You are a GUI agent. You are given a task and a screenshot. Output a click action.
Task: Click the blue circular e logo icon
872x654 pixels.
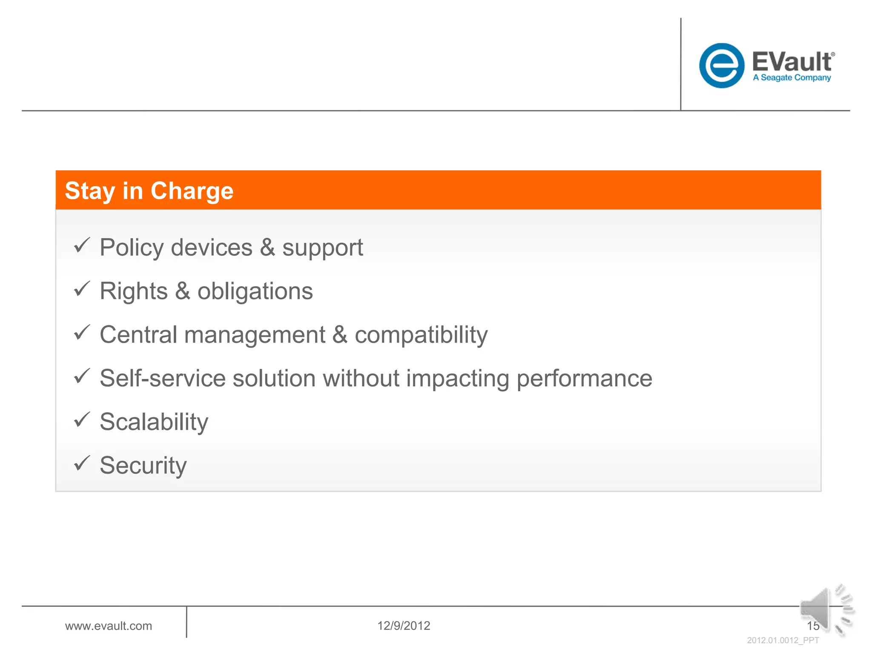click(721, 66)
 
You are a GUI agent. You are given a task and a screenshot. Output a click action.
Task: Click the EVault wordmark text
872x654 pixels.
click(792, 62)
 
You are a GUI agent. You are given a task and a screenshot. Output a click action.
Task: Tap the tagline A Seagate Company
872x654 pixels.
click(792, 78)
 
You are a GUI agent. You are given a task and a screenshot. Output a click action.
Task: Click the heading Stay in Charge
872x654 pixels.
click(149, 191)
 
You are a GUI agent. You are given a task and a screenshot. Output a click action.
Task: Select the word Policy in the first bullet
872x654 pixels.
click(131, 248)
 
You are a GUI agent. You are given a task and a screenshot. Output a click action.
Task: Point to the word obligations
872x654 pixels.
click(255, 291)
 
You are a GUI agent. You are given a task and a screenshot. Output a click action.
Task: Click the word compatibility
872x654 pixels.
click(421, 335)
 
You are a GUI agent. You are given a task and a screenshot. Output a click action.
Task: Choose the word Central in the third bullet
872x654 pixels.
click(138, 335)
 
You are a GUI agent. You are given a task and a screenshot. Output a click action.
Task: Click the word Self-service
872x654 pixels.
click(162, 378)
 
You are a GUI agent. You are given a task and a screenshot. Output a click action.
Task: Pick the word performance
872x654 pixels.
click(584, 379)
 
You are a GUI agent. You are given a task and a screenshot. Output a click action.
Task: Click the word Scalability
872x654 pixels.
click(154, 422)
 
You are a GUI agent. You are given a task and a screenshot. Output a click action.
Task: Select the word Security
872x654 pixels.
click(143, 466)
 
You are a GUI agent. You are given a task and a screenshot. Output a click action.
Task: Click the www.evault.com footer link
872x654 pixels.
click(108, 626)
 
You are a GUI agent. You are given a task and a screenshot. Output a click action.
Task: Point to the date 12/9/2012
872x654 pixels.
click(403, 626)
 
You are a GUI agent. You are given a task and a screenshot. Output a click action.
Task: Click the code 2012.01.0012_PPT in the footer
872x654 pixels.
click(783, 640)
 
